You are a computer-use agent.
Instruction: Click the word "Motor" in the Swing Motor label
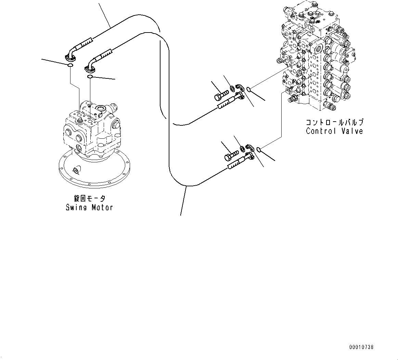(x=102, y=208)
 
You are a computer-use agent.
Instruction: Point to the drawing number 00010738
(x=361, y=347)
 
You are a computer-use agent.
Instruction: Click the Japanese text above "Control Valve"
(x=334, y=123)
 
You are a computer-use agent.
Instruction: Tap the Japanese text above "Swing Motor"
(x=90, y=199)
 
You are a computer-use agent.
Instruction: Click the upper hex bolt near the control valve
(x=222, y=95)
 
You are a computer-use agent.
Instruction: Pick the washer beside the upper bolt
(x=233, y=89)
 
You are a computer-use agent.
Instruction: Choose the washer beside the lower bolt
(x=242, y=148)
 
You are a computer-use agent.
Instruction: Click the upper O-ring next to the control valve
(x=249, y=90)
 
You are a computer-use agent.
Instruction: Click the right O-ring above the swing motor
(x=90, y=77)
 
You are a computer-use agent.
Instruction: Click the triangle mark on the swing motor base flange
(x=76, y=170)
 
